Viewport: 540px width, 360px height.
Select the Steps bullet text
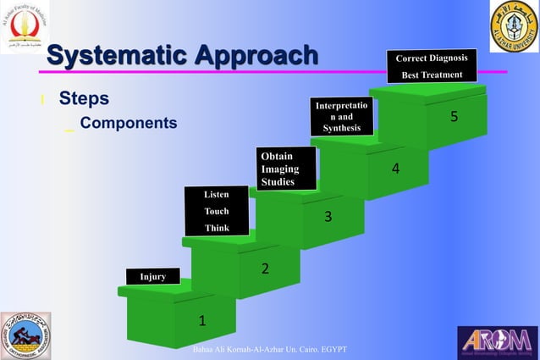click(x=83, y=99)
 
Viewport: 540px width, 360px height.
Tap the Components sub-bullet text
click(x=128, y=124)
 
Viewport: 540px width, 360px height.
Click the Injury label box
click(x=152, y=276)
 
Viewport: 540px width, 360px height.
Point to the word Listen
click(x=217, y=195)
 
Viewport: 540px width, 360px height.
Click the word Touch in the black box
click(x=217, y=211)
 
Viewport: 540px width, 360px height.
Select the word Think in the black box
click(x=217, y=227)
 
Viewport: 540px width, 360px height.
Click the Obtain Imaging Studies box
click(x=287, y=169)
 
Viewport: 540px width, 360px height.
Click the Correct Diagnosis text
click(x=432, y=58)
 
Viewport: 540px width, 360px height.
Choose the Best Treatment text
click(x=432, y=75)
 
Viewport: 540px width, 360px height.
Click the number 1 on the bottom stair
click(x=201, y=321)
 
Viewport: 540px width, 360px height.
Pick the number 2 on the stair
click(x=264, y=269)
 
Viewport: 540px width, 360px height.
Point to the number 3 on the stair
click(x=328, y=219)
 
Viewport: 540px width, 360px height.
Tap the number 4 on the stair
click(x=394, y=169)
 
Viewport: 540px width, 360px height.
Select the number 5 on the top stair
click(x=454, y=116)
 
